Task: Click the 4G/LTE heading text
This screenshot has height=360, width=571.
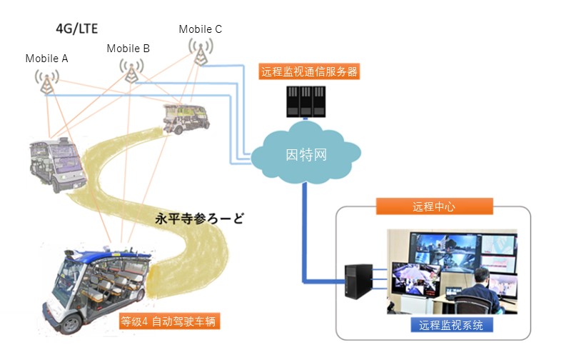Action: pos(76,29)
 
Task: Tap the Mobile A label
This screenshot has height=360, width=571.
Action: pos(46,59)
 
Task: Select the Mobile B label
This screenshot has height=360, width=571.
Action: pos(128,49)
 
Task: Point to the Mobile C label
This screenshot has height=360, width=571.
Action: pos(200,29)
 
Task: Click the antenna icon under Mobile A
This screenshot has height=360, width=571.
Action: pos(47,81)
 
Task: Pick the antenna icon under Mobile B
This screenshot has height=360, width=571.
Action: pos(131,70)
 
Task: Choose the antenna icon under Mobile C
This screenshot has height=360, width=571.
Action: pos(201,50)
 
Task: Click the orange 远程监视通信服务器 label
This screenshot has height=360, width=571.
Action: pos(308,71)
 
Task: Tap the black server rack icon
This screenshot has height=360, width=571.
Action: pos(306,101)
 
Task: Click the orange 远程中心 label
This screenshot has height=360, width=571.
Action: pos(433,206)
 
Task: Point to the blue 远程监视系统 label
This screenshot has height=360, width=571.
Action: pos(451,326)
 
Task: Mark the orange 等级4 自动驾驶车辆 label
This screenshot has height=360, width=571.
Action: pos(169,321)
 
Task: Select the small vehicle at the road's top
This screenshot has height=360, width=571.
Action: pos(184,117)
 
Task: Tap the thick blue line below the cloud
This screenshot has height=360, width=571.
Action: pos(305,229)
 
